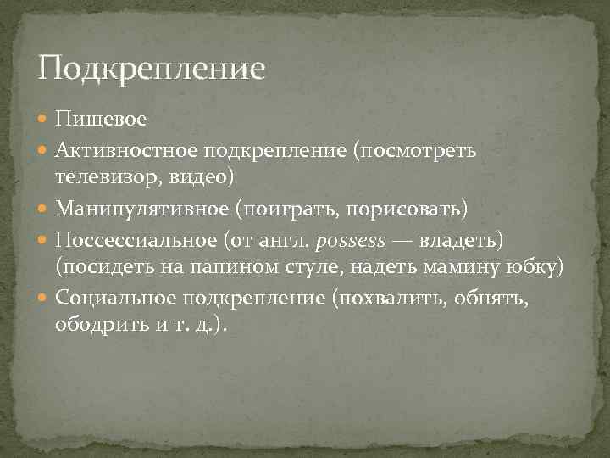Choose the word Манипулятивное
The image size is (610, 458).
[139, 209]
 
